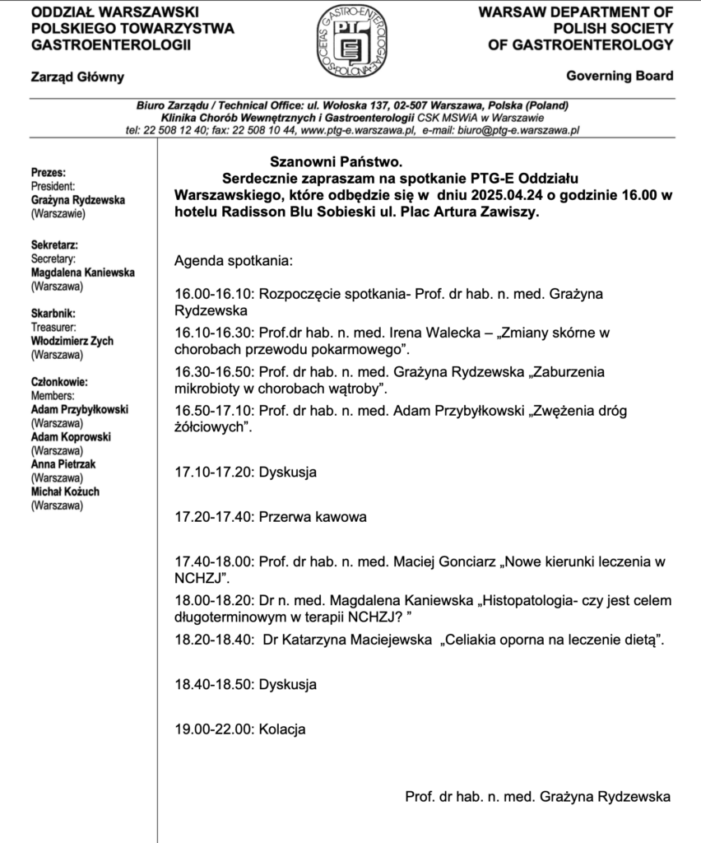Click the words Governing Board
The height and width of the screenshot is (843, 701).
click(620, 76)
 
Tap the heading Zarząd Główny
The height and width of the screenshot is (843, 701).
click(77, 77)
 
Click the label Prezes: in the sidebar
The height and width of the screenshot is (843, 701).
click(48, 173)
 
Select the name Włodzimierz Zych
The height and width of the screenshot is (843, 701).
click(72, 341)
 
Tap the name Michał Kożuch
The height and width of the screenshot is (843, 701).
click(65, 491)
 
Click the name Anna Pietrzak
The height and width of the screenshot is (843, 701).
click(63, 464)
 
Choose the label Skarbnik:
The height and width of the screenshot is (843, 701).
click(53, 314)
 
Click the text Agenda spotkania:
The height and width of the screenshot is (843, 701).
click(233, 262)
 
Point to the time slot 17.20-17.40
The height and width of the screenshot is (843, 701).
click(214, 517)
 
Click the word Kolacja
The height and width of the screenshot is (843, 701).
click(282, 729)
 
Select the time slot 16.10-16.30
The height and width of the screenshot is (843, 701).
click(214, 333)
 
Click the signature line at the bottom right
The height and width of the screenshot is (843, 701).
click(537, 796)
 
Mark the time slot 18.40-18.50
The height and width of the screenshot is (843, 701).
click(214, 684)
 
